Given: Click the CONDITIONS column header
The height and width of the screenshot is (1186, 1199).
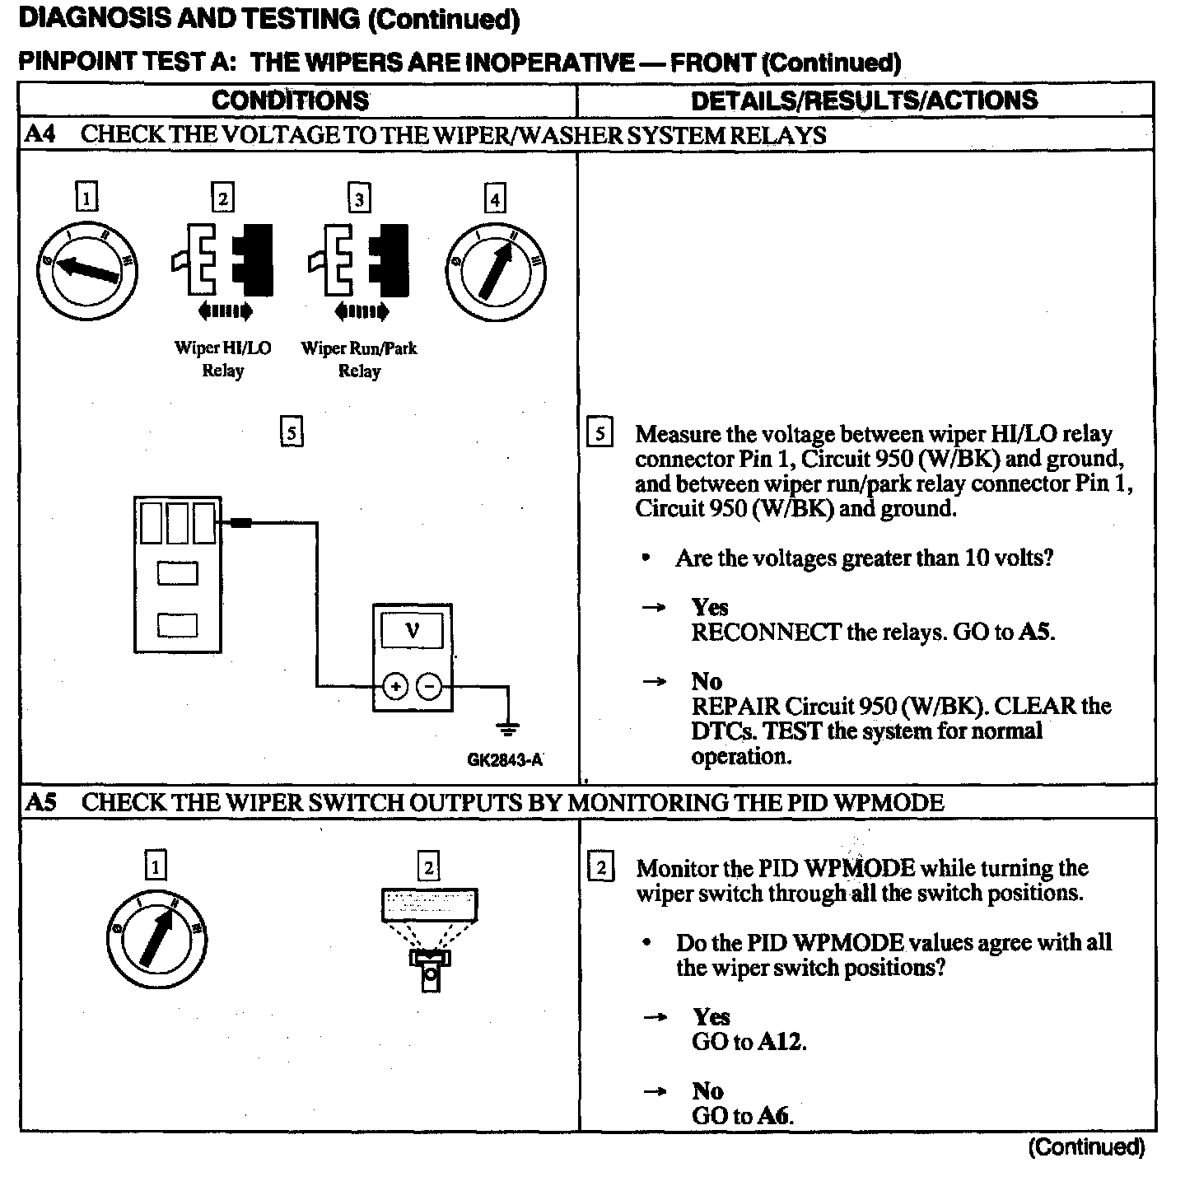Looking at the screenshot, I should click(x=290, y=100).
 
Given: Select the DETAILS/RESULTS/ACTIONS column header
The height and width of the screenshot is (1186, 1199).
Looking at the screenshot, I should click(x=864, y=100).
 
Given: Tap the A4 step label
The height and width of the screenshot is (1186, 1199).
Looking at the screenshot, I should click(x=40, y=134).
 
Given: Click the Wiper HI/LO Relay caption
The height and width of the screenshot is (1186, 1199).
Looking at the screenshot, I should click(x=222, y=359).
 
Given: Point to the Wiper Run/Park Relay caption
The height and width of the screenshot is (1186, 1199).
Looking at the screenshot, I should click(x=359, y=359).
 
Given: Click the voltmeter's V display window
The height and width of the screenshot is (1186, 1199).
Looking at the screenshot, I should click(x=412, y=631).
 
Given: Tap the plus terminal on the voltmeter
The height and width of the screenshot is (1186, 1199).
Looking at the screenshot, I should click(x=395, y=686).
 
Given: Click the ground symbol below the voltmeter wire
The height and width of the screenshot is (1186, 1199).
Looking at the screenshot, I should click(x=508, y=728).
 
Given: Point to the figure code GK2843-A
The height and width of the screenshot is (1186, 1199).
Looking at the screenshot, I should click(x=505, y=759).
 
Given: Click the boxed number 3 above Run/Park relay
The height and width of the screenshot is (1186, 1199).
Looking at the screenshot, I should click(x=359, y=198).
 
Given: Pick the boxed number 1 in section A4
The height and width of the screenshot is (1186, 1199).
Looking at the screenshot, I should click(x=86, y=198).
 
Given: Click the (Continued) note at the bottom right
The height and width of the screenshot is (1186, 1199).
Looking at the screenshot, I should click(x=1086, y=1147).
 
